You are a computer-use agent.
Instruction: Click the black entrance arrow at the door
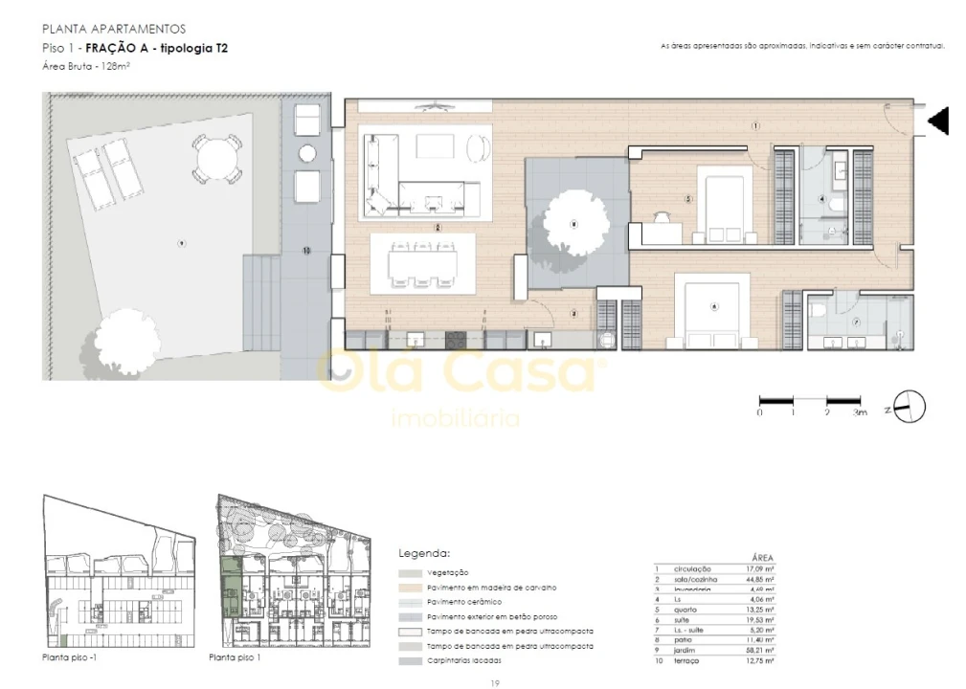coord(939,121)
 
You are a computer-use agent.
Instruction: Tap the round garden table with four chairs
coord(212,157)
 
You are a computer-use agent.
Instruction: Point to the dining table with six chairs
coord(422,261)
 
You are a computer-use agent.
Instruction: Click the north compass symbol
coord(910,407)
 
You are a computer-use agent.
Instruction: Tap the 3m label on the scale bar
coord(859,412)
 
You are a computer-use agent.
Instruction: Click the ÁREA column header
coord(762,557)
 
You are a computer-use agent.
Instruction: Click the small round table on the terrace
coord(307,153)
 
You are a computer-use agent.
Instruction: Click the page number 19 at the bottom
coord(493,682)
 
